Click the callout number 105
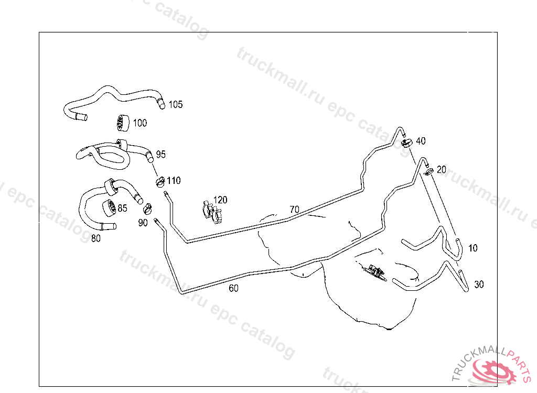pos(176,104)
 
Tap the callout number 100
pos(139,123)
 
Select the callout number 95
pos(160,155)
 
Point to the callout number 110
pos(174,180)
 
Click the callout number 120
pos(220,200)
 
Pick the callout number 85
pos(122,208)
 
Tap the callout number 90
pos(143,223)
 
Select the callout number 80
pos(96,238)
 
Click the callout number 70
pos(295,209)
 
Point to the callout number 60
pos(233,288)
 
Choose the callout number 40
pos(421,141)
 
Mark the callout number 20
pos(442,169)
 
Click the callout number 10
pos(472,248)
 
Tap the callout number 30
pos(479,285)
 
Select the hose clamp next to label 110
pos(160,182)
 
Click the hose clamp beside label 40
pos(407,143)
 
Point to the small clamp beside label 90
pos(147,208)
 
